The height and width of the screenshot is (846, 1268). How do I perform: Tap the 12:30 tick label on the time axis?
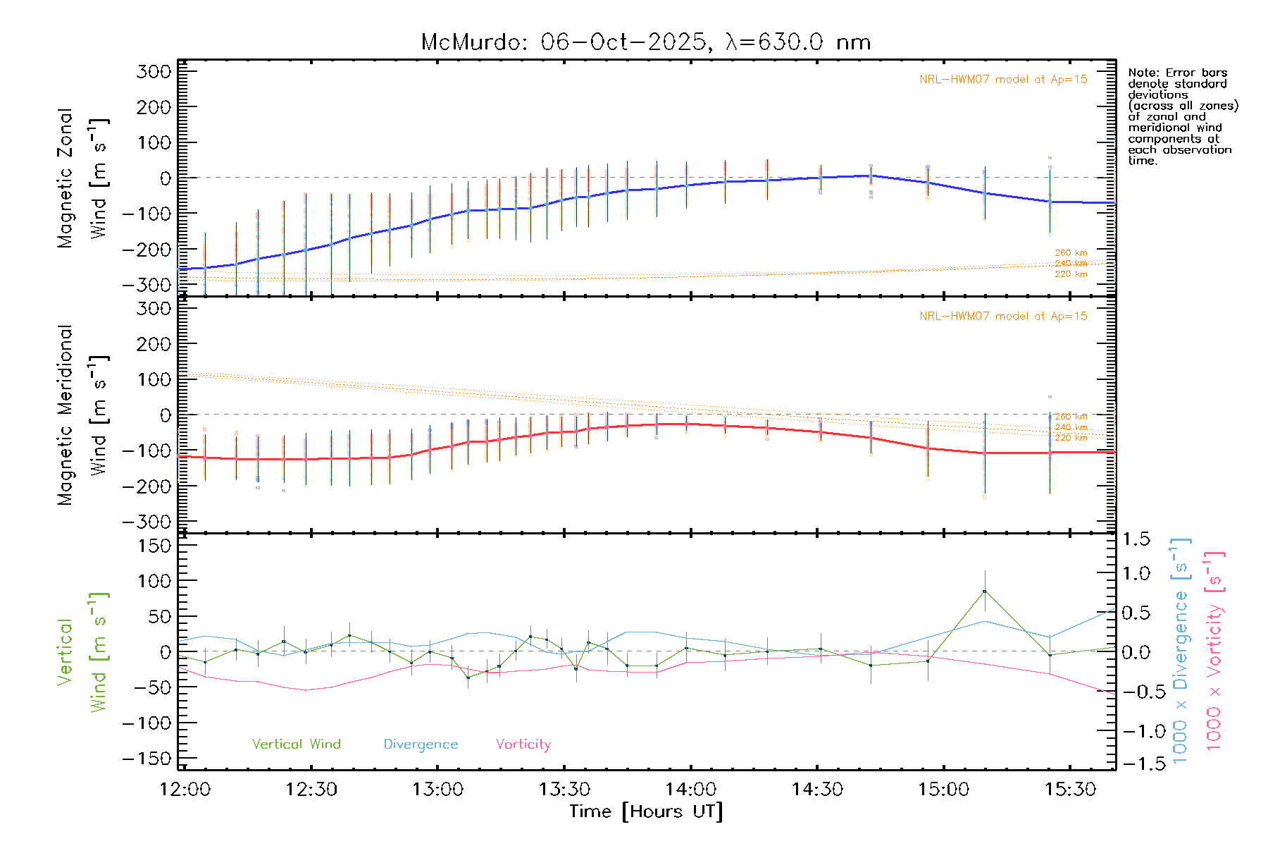[311, 789]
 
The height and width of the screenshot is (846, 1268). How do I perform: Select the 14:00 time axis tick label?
[690, 789]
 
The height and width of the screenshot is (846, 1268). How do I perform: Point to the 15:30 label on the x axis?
[1070, 789]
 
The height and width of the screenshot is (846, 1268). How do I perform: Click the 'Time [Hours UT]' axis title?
[646, 811]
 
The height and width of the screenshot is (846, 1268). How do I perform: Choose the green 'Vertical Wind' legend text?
[296, 744]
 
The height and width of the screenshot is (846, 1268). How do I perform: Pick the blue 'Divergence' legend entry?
[421, 744]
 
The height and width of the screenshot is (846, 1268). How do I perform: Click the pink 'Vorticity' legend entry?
[523, 744]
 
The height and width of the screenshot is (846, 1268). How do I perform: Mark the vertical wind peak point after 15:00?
[984, 591]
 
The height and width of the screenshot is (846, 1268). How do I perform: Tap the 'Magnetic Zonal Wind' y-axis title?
[82, 178]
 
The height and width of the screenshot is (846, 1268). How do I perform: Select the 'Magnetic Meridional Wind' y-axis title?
[82, 415]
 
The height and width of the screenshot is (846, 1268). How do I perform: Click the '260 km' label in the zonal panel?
[1071, 252]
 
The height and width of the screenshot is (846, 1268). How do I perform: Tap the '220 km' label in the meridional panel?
[1071, 438]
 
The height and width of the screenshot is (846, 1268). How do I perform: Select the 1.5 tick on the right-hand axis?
[1136, 539]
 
